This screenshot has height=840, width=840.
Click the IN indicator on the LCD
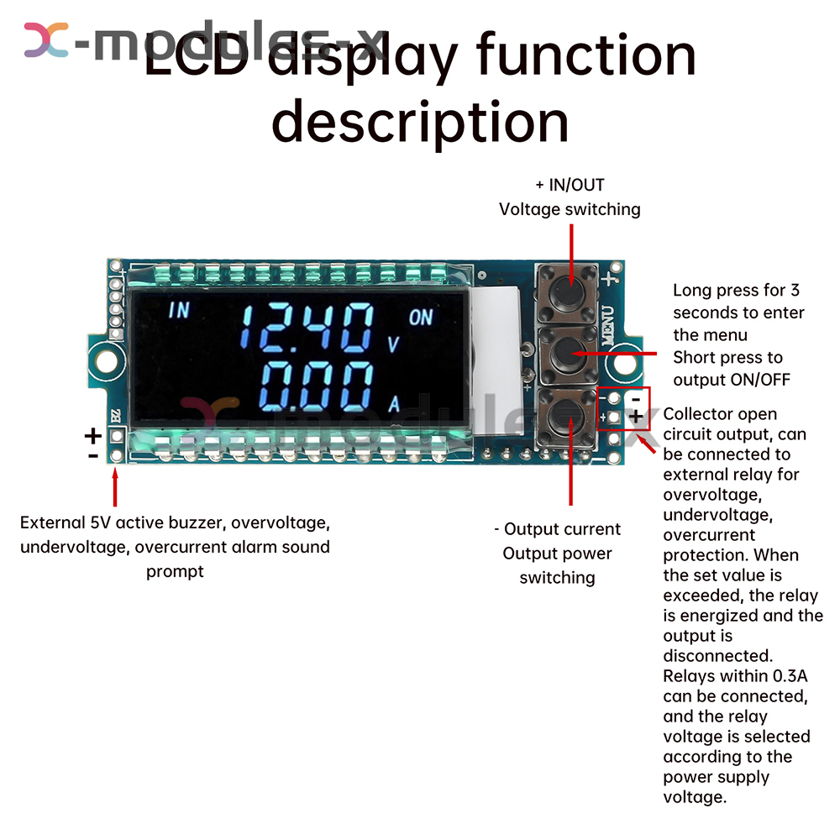180,310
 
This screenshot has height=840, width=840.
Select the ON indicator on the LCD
422,318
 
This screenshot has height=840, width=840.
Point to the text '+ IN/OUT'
570,185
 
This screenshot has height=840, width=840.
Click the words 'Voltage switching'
570,209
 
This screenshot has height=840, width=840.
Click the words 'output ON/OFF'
732,380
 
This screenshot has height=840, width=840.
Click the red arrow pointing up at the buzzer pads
114,487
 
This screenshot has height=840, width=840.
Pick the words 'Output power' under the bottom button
557,554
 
